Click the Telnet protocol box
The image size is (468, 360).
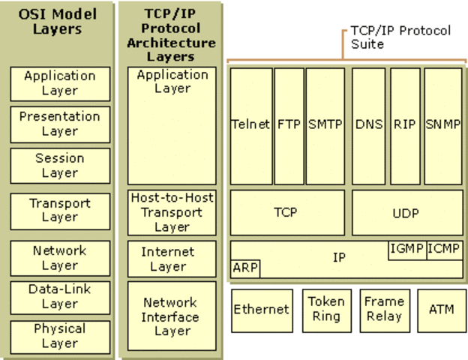pyautogui.click(x=250, y=125)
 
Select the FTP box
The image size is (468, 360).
pyautogui.click(x=289, y=125)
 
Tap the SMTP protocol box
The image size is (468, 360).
pyautogui.click(x=325, y=125)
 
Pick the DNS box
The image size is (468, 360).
pyautogui.click(x=370, y=125)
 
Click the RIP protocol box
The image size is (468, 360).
pyautogui.click(x=405, y=125)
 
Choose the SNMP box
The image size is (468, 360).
pyautogui.click(x=443, y=125)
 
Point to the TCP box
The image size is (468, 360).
pyautogui.click(x=287, y=212)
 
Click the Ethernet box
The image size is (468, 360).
pyautogui.click(x=261, y=310)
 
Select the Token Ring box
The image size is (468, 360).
pyautogui.click(x=326, y=309)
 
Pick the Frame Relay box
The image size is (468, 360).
pyautogui.click(x=384, y=309)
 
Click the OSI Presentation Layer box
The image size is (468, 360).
pyautogui.click(x=60, y=124)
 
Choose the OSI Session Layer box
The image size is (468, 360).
pyautogui.click(x=60, y=166)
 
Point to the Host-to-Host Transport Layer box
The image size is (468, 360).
pyautogui.click(x=172, y=212)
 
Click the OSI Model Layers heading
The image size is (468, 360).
pyautogui.click(x=58, y=22)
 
